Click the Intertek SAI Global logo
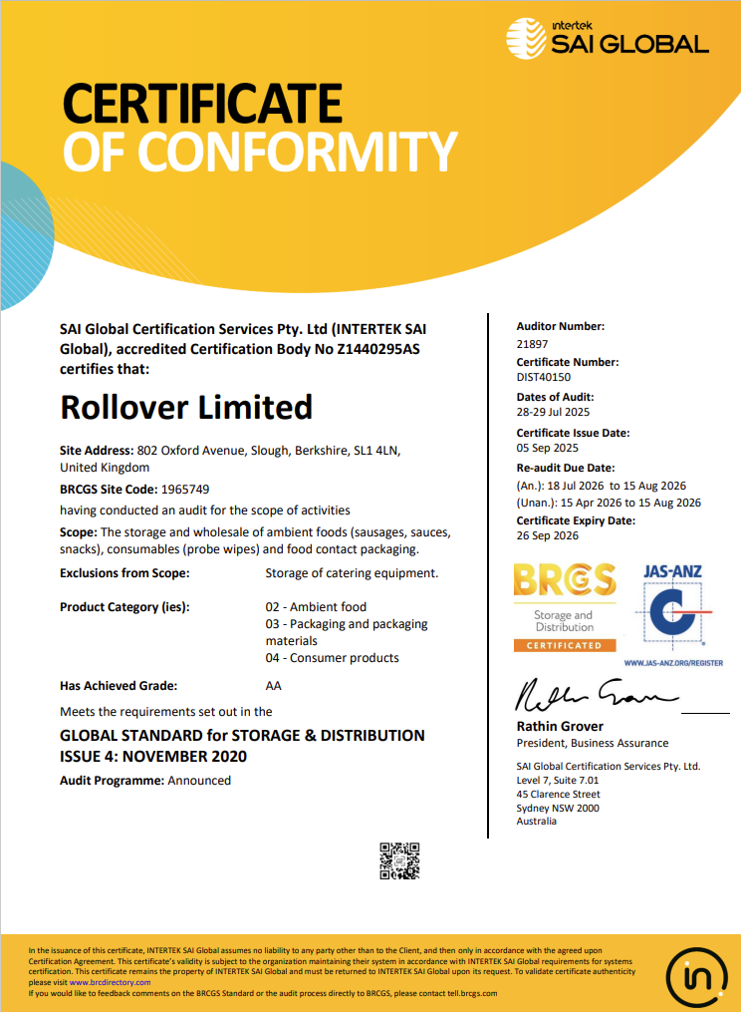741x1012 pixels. click(x=607, y=38)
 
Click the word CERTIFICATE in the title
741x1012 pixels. click(x=202, y=103)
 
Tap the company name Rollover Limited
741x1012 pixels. click(x=186, y=407)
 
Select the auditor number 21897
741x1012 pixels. click(x=532, y=344)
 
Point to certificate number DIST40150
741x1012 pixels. click(x=543, y=379)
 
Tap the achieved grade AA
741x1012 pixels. click(x=274, y=686)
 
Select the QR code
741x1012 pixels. click(x=399, y=860)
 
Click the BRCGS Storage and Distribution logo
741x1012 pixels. click(x=564, y=607)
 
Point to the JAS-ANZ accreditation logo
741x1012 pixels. click(x=673, y=610)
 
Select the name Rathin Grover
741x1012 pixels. click(x=560, y=726)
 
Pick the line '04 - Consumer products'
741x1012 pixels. click(x=332, y=658)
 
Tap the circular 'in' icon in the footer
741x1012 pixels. click(x=695, y=974)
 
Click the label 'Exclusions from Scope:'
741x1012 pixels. click(x=124, y=573)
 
